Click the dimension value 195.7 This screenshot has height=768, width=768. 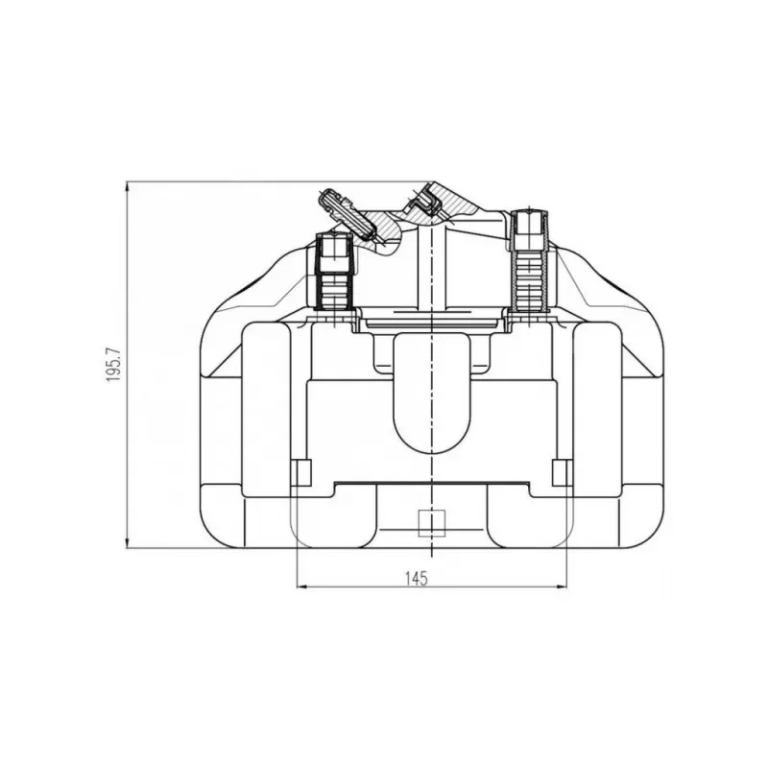113,365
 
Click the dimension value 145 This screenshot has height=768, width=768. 417,579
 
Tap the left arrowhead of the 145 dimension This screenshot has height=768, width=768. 301,587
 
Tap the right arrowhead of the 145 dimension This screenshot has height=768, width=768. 562,587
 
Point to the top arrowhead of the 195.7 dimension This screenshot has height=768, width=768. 128,186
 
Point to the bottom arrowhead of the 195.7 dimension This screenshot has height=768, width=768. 128,543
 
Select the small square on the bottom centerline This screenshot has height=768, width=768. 431,522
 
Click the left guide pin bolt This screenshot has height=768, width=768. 334,274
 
